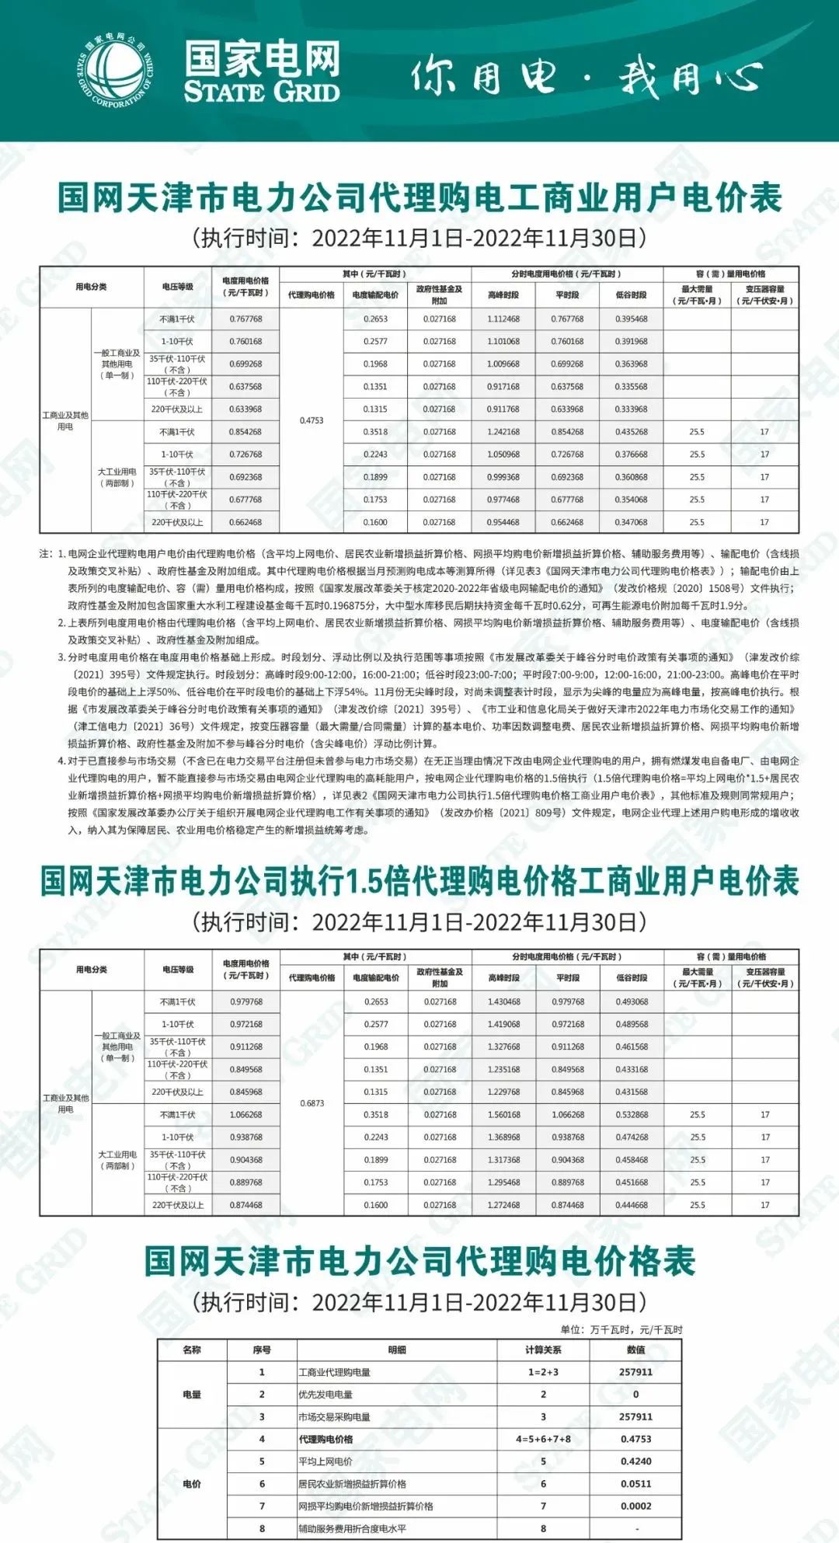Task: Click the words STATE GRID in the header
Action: pyautogui.click(x=262, y=92)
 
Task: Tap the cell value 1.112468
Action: pyautogui.click(x=503, y=319)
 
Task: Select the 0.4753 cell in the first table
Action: pyautogui.click(x=312, y=420)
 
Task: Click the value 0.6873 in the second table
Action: pyautogui.click(x=312, y=1103)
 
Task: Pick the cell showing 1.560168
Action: pyautogui.click(x=504, y=1114)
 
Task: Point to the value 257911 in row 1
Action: pyautogui.click(x=635, y=1372)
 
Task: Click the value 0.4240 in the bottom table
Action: pyautogui.click(x=635, y=1461)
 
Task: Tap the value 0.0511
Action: pyautogui.click(x=635, y=1483)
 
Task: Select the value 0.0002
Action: pyautogui.click(x=635, y=1506)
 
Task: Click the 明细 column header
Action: pyautogui.click(x=397, y=1350)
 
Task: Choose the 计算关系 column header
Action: pyautogui.click(x=543, y=1350)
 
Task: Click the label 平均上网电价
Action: pyautogui.click(x=326, y=1461)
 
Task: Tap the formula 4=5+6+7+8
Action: pyautogui.click(x=543, y=1439)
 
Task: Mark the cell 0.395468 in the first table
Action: pyautogui.click(x=632, y=319)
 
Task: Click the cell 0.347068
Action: pyautogui.click(x=632, y=522)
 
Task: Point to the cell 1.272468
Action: pyautogui.click(x=504, y=1205)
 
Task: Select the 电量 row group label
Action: pyautogui.click(x=192, y=1395)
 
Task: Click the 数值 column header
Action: pyautogui.click(x=635, y=1350)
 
